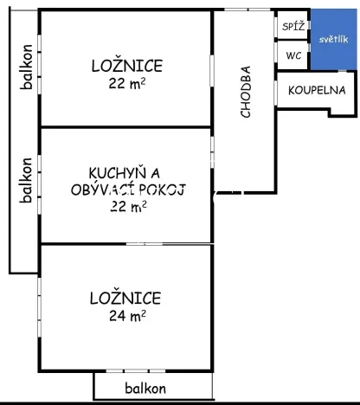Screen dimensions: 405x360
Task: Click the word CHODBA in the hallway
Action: [x=247, y=92]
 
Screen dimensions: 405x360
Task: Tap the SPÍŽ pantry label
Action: [x=290, y=27]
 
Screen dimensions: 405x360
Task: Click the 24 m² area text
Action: [x=126, y=317]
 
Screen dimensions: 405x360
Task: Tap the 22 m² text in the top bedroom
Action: [x=126, y=84]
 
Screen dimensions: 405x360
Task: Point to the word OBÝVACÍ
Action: [x=102, y=189]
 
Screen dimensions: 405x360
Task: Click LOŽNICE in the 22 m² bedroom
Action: [x=126, y=66]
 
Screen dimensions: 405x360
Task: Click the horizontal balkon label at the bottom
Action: [x=145, y=389]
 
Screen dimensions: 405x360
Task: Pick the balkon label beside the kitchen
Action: [x=27, y=179]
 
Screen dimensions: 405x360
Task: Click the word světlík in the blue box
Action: [x=332, y=40]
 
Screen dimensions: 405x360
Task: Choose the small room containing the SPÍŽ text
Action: [x=290, y=26]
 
